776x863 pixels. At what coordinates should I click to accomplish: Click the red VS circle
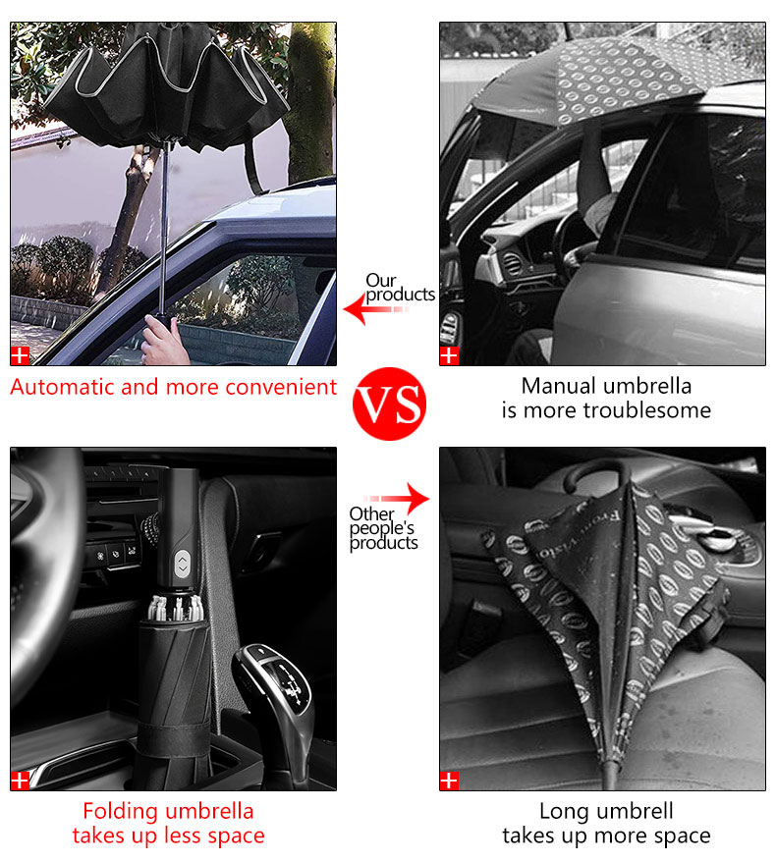tap(389, 404)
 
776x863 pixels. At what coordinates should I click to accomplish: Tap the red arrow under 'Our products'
tap(376, 308)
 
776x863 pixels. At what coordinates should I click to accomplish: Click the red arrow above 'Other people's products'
tap(397, 498)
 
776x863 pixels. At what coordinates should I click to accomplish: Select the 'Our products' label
tap(400, 288)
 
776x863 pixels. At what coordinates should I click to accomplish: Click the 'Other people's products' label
tap(383, 528)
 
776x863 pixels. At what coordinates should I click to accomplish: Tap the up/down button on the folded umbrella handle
tap(183, 565)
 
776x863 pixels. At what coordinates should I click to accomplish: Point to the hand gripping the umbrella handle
tap(164, 342)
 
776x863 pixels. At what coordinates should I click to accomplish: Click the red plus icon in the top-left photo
tap(20, 356)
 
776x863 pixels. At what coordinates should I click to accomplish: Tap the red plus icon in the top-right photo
tap(449, 356)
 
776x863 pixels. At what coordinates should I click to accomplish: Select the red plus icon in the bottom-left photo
tap(20, 781)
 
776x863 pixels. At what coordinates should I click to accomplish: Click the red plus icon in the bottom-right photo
tap(449, 781)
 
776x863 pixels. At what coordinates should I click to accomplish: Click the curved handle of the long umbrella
tap(597, 466)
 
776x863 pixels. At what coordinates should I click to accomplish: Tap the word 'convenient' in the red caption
tap(281, 387)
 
